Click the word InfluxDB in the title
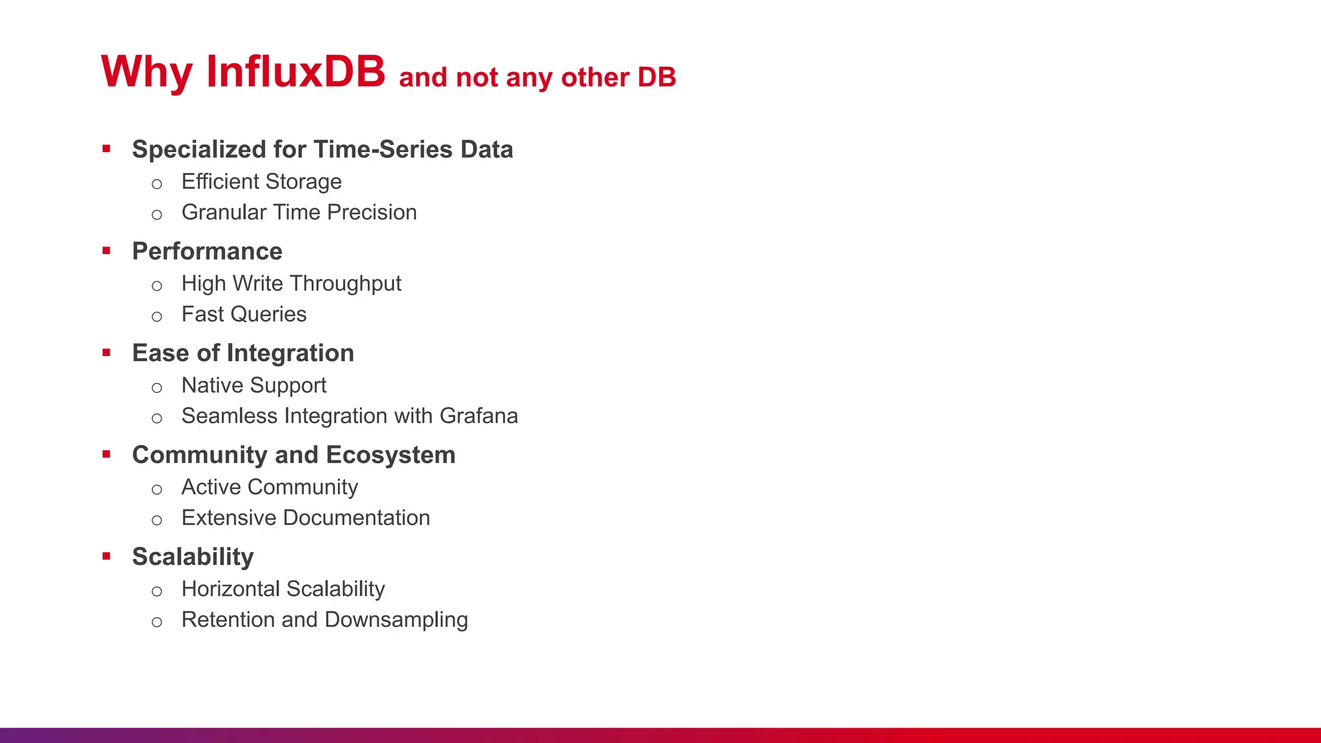click(x=295, y=71)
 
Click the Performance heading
click(x=207, y=252)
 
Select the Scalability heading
click(x=193, y=557)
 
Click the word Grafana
click(x=479, y=416)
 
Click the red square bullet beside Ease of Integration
click(x=106, y=353)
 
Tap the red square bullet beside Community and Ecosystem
click(x=106, y=455)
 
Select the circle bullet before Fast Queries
click(x=157, y=317)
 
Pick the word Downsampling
click(x=396, y=620)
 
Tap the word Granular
click(x=224, y=212)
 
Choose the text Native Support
click(x=253, y=386)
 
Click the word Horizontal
click(x=230, y=589)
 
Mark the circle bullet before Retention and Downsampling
click(x=157, y=622)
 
